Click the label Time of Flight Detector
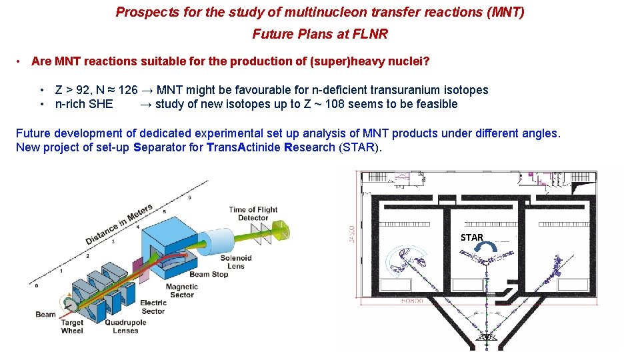[x=253, y=213]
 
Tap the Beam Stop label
[x=209, y=274]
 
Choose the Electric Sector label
[x=153, y=307]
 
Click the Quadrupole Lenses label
[x=125, y=327]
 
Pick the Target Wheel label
[x=72, y=327]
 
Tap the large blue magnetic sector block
[x=170, y=240]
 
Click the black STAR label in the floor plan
[x=471, y=237]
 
